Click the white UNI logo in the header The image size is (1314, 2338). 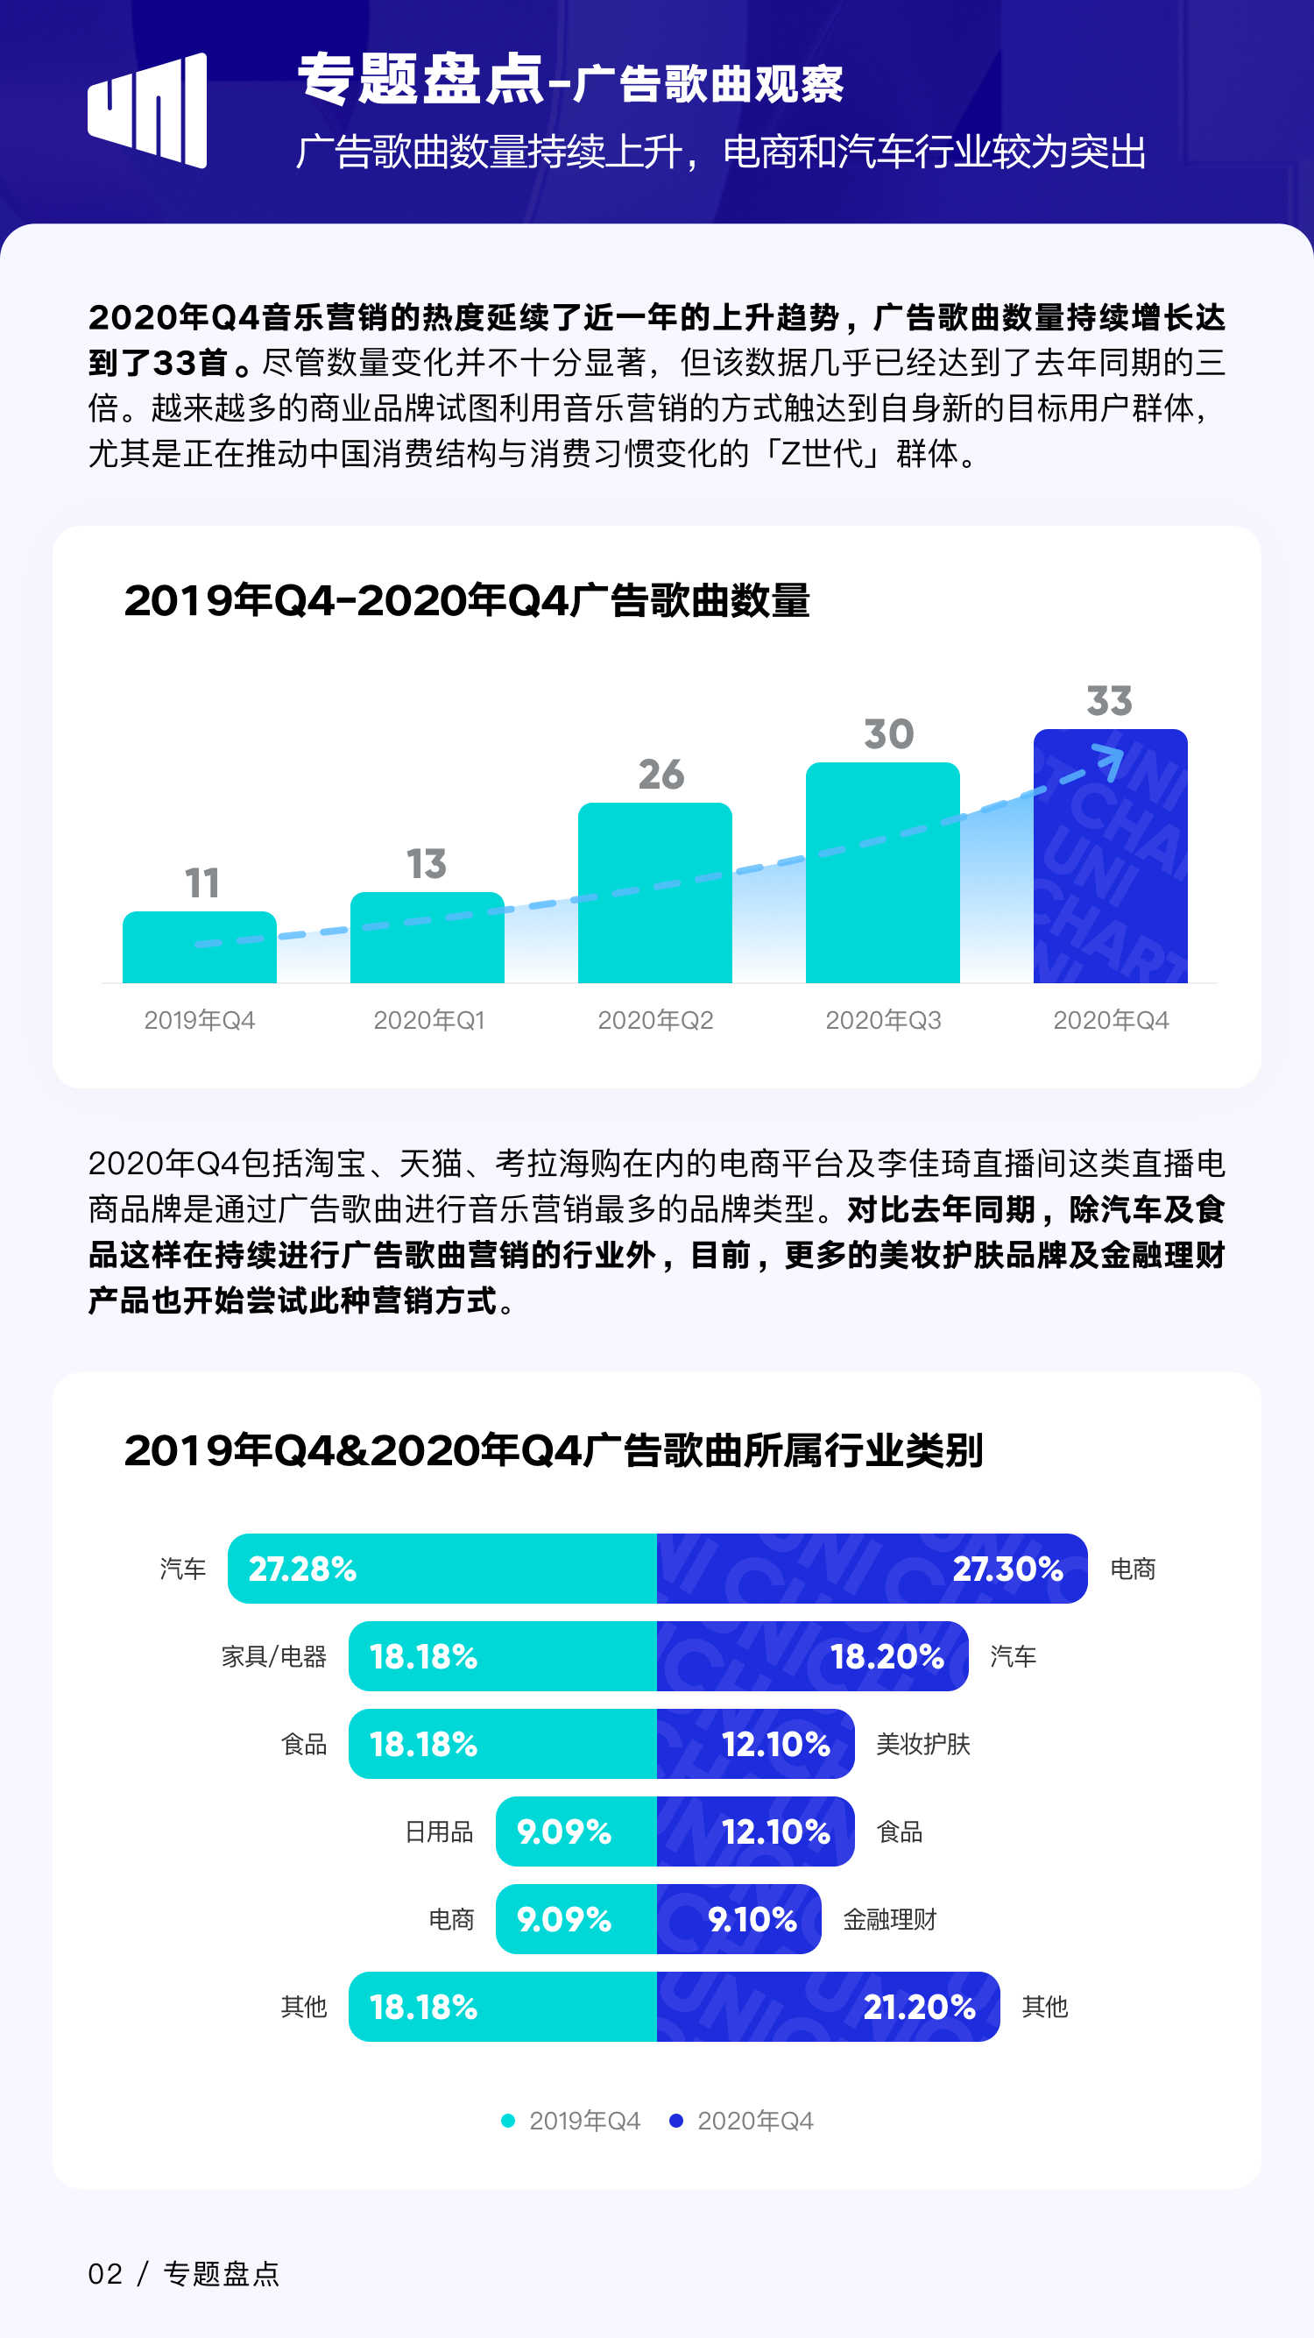[x=147, y=110]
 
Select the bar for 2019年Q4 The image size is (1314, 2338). [x=200, y=946]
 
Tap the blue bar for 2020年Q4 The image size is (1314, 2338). [x=1110, y=856]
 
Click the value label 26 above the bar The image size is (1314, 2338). [x=661, y=774]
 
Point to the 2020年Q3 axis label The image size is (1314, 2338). [x=883, y=1020]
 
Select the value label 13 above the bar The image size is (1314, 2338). [x=427, y=863]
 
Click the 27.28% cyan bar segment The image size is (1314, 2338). [x=442, y=1569]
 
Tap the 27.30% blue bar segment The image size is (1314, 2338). [x=871, y=1569]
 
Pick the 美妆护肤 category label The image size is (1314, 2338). [x=923, y=1744]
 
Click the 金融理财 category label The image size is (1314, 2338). [x=889, y=1919]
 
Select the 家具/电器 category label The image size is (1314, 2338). [x=274, y=1656]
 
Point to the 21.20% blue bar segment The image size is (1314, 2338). [x=828, y=2006]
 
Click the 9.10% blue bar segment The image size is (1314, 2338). [x=738, y=1919]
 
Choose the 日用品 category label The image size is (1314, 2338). [x=439, y=1831]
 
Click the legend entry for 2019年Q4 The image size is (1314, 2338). [x=572, y=2121]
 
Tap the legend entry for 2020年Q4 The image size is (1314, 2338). [x=741, y=2121]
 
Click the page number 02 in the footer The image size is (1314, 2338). [x=105, y=2273]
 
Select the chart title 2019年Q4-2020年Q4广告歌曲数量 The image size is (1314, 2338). [x=466, y=600]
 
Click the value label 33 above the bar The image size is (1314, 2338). [x=1109, y=701]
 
